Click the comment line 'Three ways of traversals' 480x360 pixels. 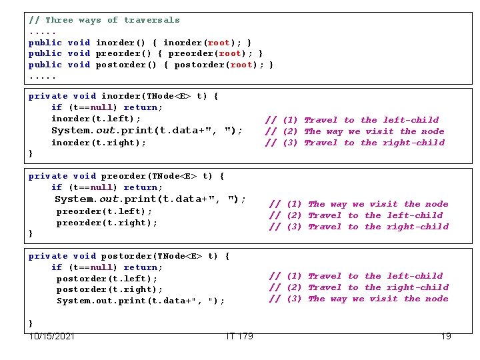(x=104, y=20)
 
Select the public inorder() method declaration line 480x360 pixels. (x=140, y=43)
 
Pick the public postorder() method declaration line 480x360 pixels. (x=151, y=65)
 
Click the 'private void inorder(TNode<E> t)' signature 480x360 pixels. (x=123, y=96)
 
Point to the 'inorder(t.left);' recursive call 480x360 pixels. (x=96, y=119)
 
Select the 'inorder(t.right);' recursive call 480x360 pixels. (x=99, y=143)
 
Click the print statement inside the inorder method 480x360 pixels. (x=147, y=131)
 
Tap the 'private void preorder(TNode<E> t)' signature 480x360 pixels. (x=127, y=176)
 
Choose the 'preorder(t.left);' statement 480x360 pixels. (x=104, y=211)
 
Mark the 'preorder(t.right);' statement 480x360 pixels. (x=107, y=223)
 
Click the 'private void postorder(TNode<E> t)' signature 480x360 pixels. (x=129, y=256)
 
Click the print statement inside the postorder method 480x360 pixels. (x=140, y=301)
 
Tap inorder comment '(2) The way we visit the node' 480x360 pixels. (x=355, y=131)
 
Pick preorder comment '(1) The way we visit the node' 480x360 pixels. (x=359, y=204)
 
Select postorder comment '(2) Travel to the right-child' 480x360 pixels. (x=359, y=287)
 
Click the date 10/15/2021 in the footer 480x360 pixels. (x=51, y=336)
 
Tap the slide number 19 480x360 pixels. (x=446, y=336)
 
